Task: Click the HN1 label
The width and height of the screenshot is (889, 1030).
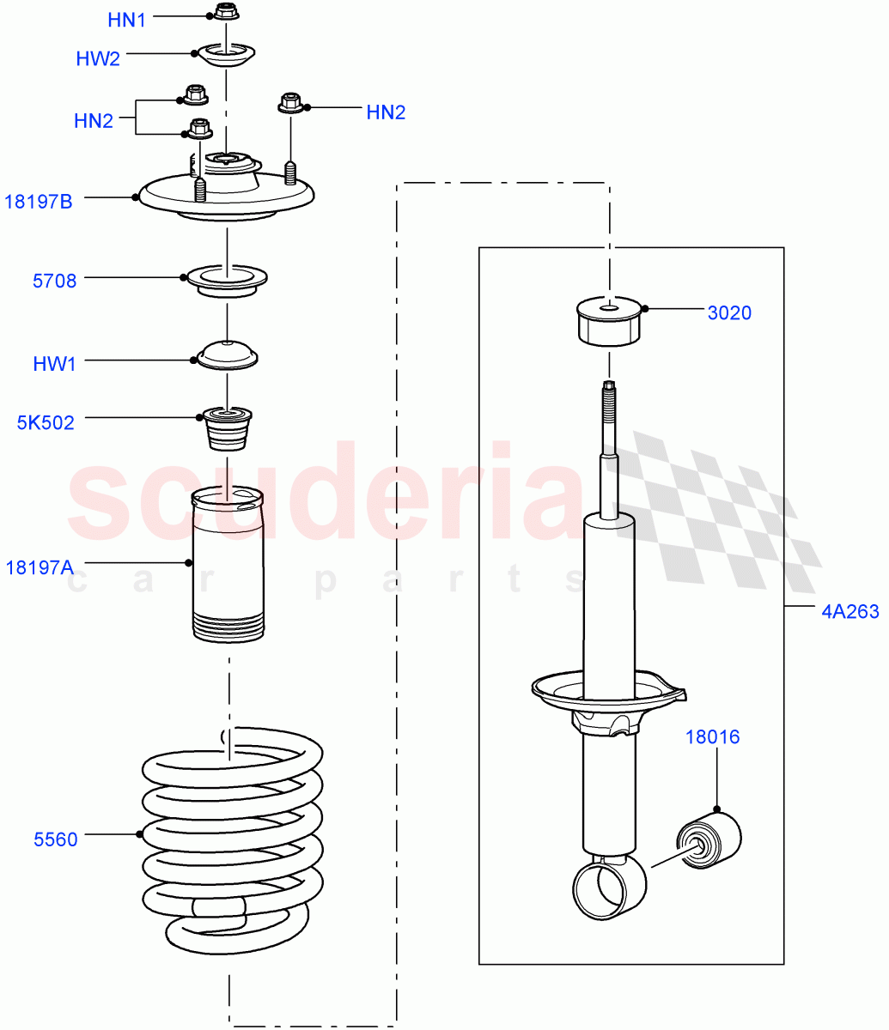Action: coord(126,19)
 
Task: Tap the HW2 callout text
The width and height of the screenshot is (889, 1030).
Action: coord(98,58)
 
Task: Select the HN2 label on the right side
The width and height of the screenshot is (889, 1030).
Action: coord(386,112)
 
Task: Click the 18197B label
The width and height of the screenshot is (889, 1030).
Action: coord(39,202)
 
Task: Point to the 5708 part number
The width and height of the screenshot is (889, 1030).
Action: coord(54,281)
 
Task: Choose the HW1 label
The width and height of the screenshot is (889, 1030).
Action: coord(54,364)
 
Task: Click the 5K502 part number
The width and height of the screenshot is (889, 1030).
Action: coord(46,422)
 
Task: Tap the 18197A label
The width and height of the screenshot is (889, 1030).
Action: coord(40,566)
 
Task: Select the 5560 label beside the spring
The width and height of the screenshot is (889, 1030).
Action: coord(55,839)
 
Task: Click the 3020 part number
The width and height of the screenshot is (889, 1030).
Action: coord(729,313)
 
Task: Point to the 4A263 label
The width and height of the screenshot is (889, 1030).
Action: coord(849,612)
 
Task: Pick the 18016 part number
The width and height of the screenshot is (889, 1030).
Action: coord(711,736)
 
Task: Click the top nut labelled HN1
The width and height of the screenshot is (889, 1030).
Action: coord(225,12)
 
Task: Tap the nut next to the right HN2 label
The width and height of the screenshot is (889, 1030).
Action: coord(290,105)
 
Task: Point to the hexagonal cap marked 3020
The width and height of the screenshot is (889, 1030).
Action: coord(609,322)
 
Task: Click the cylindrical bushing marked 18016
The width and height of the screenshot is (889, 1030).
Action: coord(709,839)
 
